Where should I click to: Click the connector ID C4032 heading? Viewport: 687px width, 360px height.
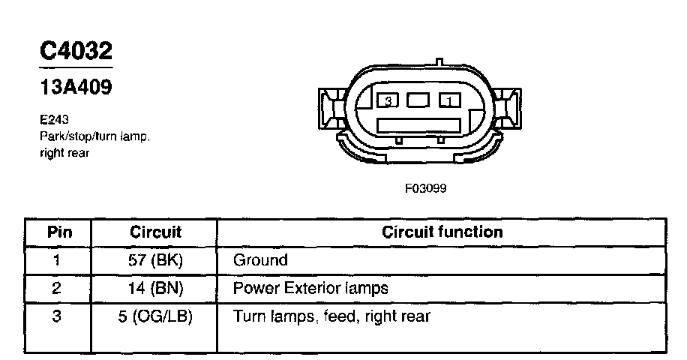[76, 51]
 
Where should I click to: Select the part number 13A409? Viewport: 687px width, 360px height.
[76, 87]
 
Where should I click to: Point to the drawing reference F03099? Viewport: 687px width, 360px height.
[426, 188]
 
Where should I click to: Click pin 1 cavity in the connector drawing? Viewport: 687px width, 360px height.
[448, 99]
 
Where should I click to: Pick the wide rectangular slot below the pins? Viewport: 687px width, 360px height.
[418, 125]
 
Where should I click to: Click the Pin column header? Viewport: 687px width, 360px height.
[59, 232]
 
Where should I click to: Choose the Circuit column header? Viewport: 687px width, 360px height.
[155, 232]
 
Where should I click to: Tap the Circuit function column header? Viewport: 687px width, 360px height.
[442, 232]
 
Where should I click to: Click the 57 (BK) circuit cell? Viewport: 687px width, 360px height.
[155, 261]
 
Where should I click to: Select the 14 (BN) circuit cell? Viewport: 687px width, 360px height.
[155, 288]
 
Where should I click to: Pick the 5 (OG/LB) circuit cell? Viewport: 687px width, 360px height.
[155, 316]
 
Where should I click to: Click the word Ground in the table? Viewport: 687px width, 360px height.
[260, 261]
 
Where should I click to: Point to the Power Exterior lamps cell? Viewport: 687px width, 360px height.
[310, 288]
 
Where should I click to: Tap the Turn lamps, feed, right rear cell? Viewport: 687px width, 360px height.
[331, 316]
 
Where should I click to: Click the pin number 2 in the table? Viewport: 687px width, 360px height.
[57, 288]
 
